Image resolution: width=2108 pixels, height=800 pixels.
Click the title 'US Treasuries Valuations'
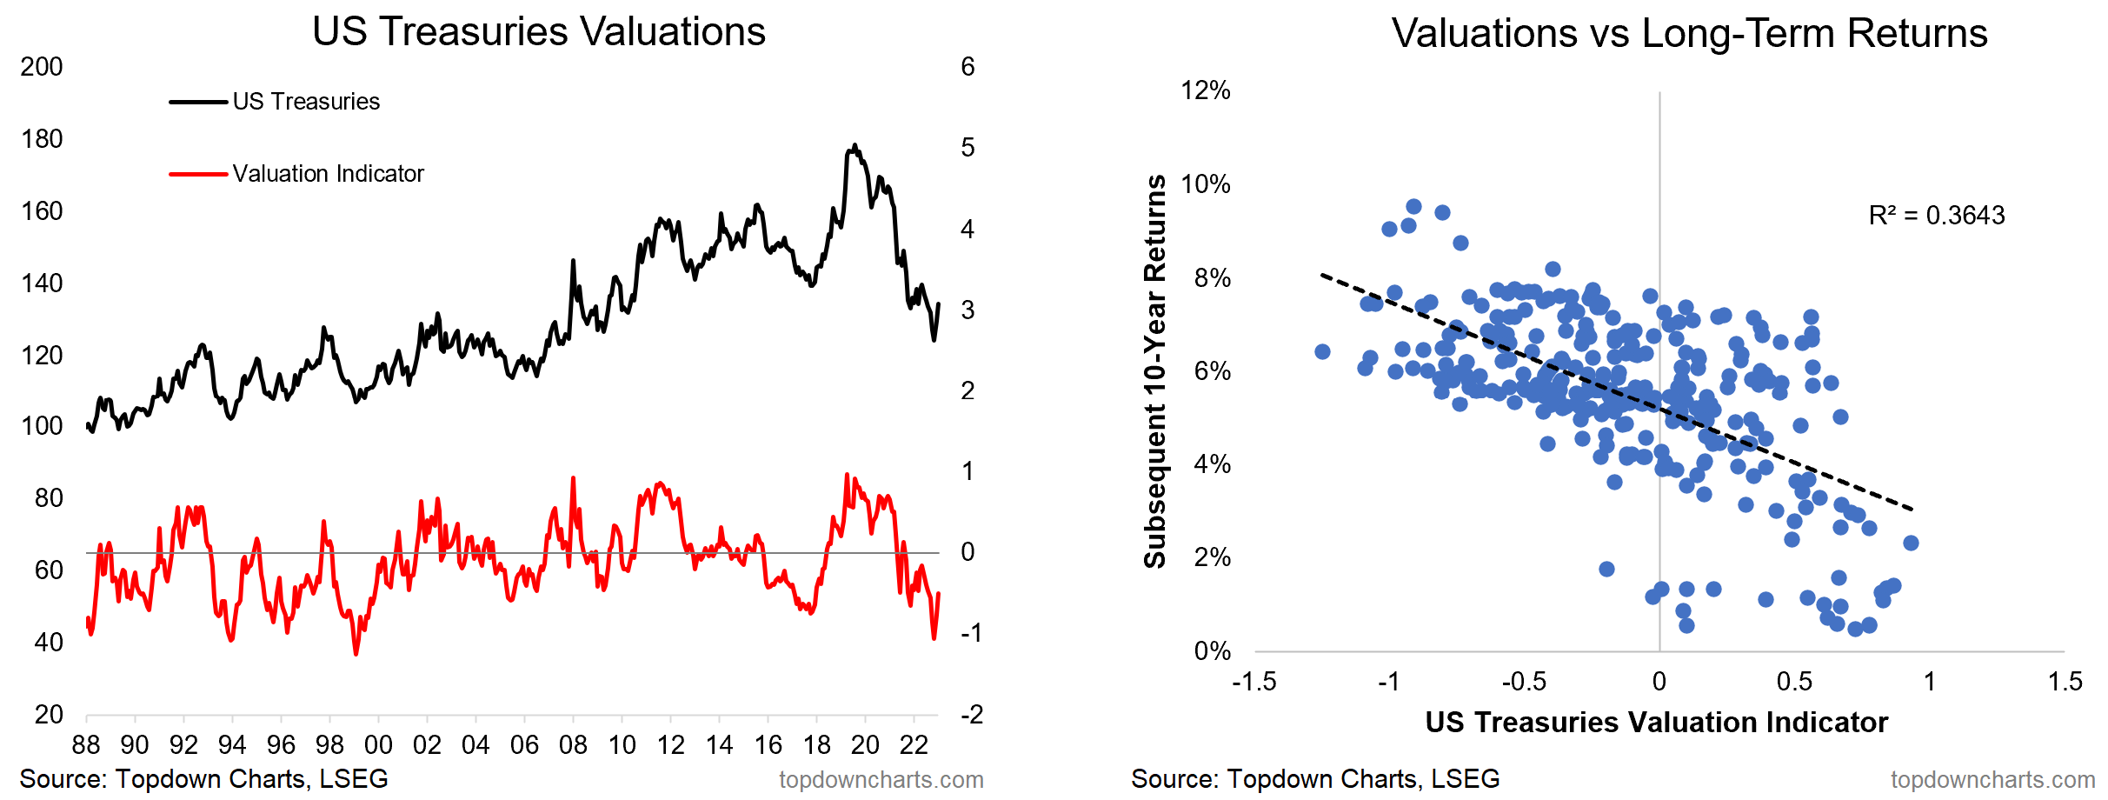(x=538, y=32)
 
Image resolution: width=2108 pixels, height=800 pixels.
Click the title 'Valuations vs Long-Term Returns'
(x=1689, y=34)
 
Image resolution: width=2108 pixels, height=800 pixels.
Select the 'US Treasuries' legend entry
(x=306, y=102)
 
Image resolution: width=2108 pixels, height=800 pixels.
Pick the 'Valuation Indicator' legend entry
(x=328, y=174)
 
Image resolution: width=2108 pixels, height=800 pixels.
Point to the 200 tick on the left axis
(x=42, y=67)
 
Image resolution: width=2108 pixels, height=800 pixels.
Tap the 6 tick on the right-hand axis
(x=968, y=67)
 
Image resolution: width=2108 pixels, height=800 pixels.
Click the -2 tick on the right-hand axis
(x=971, y=715)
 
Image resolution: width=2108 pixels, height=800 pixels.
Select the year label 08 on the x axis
(x=573, y=745)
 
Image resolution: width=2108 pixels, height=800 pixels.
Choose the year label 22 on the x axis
(x=914, y=745)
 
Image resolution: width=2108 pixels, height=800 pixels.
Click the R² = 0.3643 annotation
(x=1936, y=216)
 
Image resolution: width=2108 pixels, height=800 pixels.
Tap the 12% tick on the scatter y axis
(x=1205, y=90)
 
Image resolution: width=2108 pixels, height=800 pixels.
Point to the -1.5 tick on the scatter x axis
(x=1253, y=682)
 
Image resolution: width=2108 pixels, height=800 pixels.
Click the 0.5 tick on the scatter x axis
(x=1794, y=682)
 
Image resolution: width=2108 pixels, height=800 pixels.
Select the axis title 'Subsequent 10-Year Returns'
(x=1155, y=371)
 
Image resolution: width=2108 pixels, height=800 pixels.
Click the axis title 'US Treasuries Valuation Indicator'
(x=1656, y=723)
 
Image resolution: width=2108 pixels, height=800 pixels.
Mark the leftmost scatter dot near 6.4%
(x=1322, y=351)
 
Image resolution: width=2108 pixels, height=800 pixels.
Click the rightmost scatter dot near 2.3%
(x=1911, y=543)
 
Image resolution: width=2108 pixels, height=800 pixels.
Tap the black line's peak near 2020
(x=855, y=145)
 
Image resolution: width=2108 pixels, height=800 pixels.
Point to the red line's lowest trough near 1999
(x=356, y=653)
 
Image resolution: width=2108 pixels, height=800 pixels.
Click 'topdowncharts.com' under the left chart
(x=881, y=780)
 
